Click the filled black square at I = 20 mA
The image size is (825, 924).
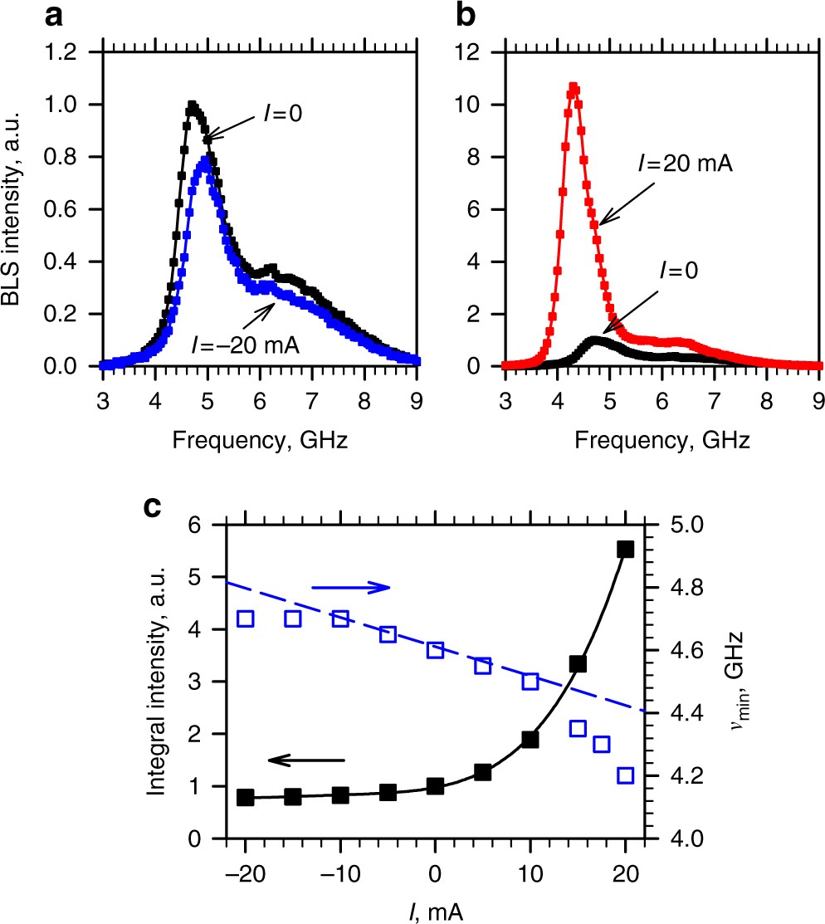pyautogui.click(x=625, y=550)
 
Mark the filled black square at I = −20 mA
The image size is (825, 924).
pyautogui.click(x=245, y=797)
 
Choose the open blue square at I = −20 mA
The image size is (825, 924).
pyautogui.click(x=245, y=618)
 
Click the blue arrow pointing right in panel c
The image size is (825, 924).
pyautogui.click(x=349, y=587)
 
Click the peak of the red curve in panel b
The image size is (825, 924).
pyautogui.click(x=573, y=86)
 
